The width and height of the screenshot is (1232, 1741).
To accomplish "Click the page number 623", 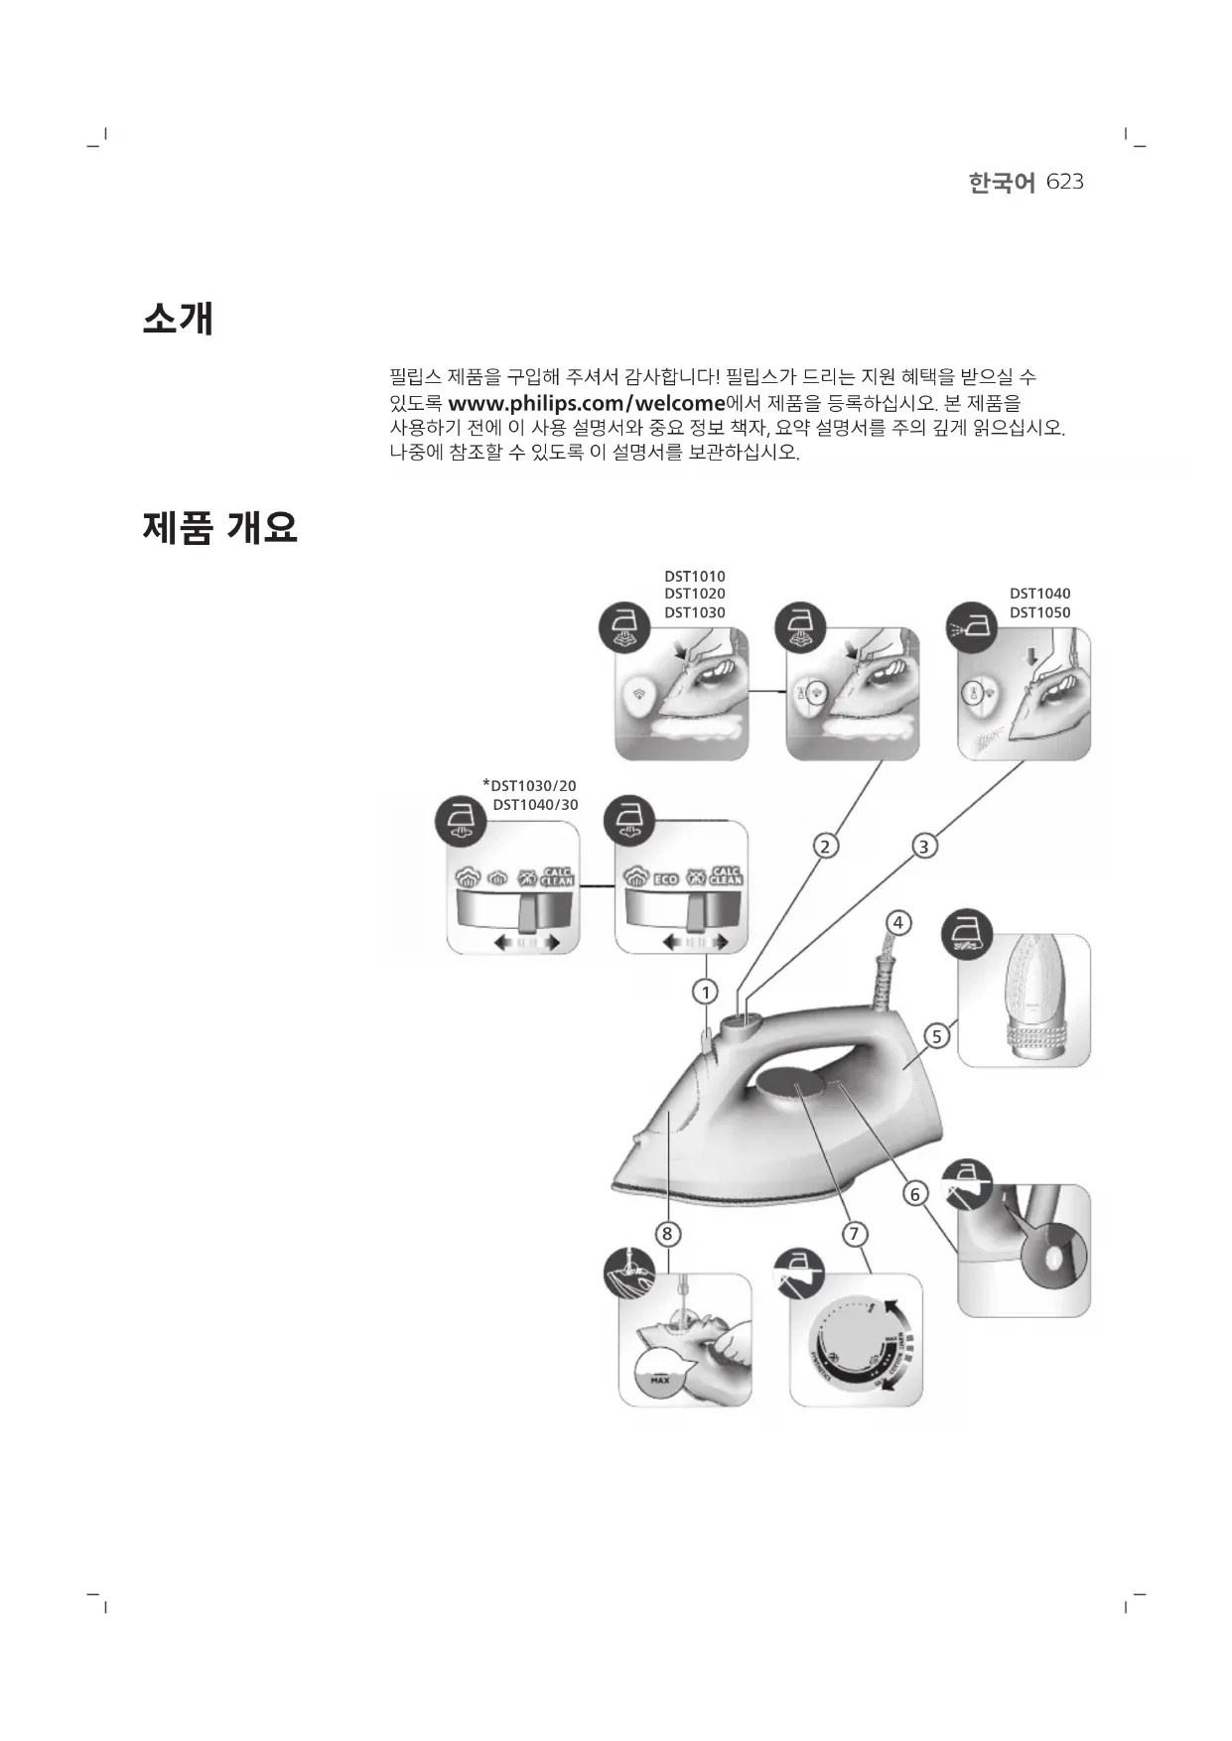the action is (x=1064, y=182).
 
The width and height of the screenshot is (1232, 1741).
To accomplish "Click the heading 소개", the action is (x=179, y=319).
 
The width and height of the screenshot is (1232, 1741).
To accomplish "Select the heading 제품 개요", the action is (x=219, y=527).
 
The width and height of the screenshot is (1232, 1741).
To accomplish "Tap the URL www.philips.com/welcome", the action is (x=587, y=404).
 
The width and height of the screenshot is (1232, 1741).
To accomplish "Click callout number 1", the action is (x=705, y=992).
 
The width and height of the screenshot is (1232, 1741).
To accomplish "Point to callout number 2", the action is (x=824, y=846).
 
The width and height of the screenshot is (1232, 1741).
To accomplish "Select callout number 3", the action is (x=923, y=847).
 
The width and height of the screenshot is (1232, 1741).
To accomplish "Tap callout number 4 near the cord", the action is (x=897, y=922).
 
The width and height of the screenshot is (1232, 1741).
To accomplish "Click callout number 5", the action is (x=936, y=1036).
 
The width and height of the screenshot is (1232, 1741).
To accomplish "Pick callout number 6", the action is (x=914, y=1193).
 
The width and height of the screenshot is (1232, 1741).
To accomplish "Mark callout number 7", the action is (x=854, y=1234).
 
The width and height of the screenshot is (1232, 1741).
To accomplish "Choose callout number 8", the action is (x=667, y=1234).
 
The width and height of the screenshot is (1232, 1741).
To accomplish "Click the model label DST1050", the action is (x=1039, y=612).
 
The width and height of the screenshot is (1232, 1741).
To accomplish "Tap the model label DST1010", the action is (x=694, y=576).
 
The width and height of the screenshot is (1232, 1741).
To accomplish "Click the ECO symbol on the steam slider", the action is (x=665, y=878).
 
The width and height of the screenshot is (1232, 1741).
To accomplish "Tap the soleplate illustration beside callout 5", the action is (x=1024, y=1001).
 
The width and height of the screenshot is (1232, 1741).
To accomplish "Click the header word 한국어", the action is (x=1002, y=183).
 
